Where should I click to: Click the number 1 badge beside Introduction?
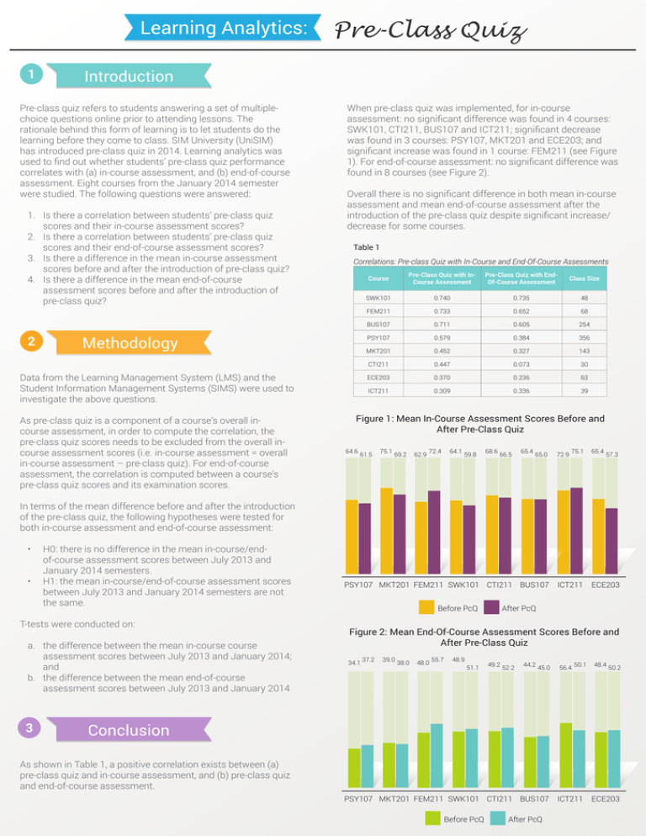pos(29,75)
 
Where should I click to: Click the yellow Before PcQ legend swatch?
pos(427,607)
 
